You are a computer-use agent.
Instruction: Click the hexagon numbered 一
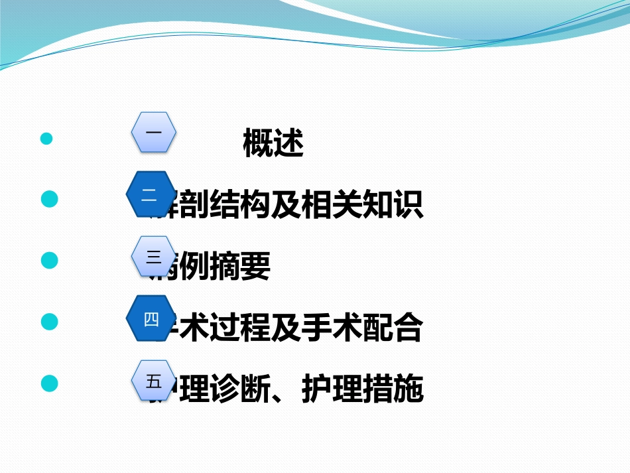point(153,133)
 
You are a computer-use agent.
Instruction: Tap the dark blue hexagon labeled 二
point(150,194)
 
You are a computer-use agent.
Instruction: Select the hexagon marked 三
point(153,256)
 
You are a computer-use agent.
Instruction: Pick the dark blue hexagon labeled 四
point(151,319)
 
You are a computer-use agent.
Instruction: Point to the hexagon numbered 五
point(154,381)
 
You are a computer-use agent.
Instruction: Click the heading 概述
point(273,144)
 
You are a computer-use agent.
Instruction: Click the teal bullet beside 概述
point(46,139)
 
